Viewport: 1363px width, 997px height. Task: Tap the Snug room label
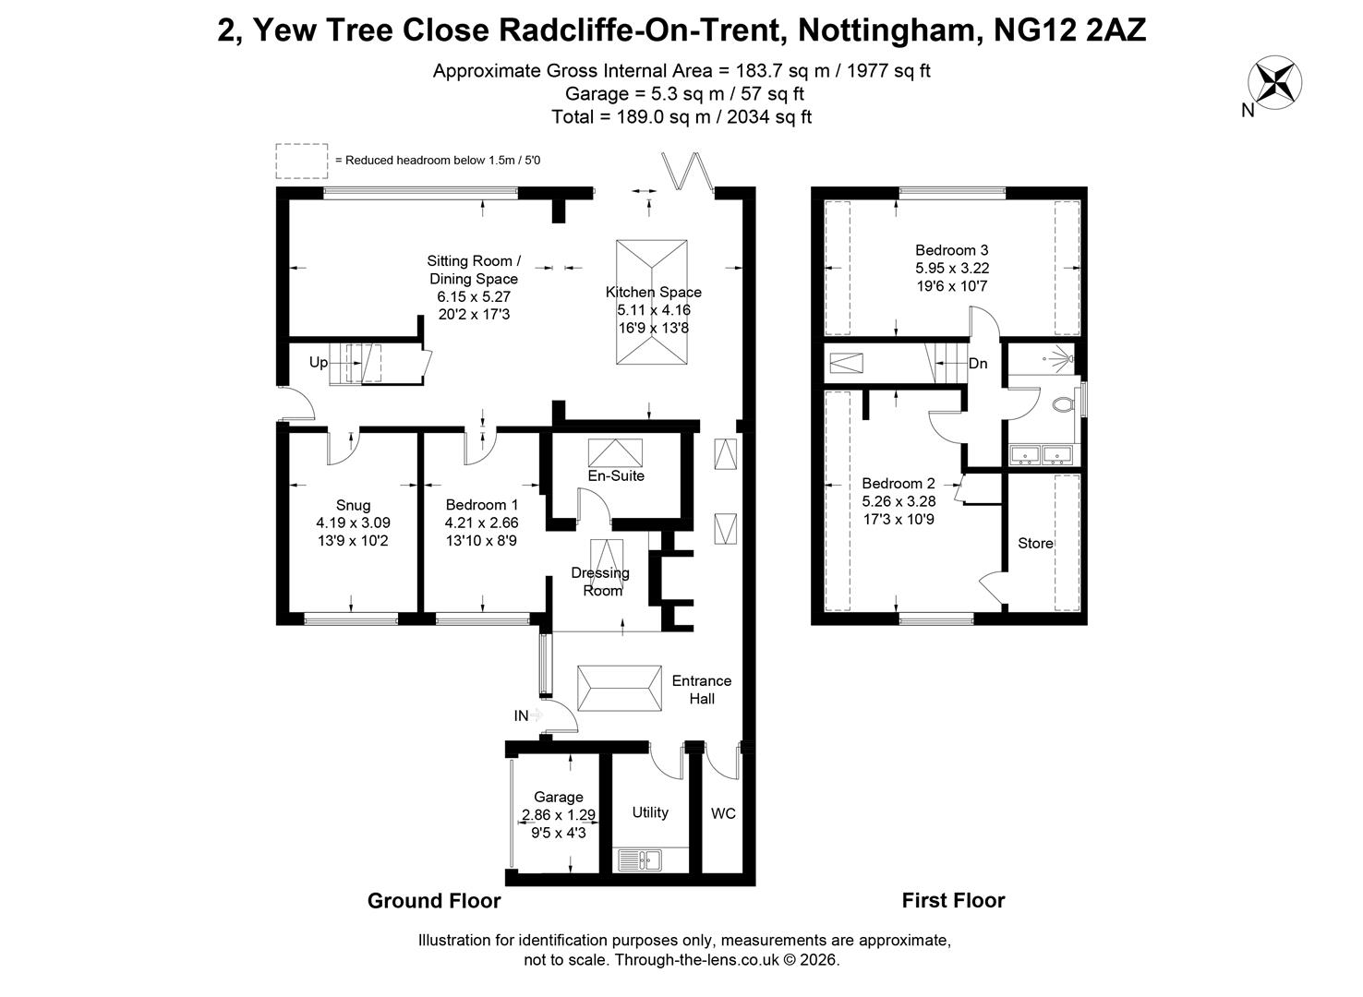(353, 505)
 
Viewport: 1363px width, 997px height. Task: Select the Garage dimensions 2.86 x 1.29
(558, 814)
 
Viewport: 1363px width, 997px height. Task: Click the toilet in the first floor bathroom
(1063, 404)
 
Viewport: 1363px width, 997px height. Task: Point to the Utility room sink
(640, 859)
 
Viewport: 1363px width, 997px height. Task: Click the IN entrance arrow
(537, 715)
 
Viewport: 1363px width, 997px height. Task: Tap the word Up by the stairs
(319, 362)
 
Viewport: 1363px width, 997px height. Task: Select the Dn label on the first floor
(978, 363)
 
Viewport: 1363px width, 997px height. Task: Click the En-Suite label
(616, 475)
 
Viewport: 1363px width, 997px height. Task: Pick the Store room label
(1035, 543)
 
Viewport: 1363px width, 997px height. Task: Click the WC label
(723, 813)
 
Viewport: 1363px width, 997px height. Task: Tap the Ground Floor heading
(434, 900)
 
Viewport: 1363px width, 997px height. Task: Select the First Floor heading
(953, 900)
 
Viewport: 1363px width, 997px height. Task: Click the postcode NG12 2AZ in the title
(1069, 30)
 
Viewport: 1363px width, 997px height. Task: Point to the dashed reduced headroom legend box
(302, 161)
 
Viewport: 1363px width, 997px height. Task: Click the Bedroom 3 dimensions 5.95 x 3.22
(952, 268)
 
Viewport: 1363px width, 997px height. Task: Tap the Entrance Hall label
(701, 690)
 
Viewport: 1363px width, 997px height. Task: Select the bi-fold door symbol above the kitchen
(688, 171)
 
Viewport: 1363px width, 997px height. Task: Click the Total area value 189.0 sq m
(663, 117)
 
